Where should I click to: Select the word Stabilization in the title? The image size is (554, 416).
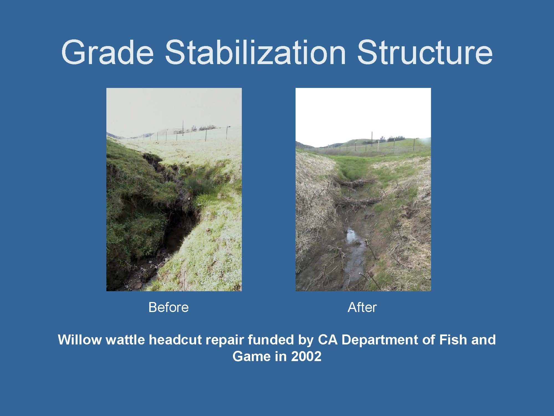(x=255, y=53)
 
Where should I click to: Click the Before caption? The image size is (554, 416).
(x=168, y=307)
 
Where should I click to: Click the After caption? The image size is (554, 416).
(x=362, y=307)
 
